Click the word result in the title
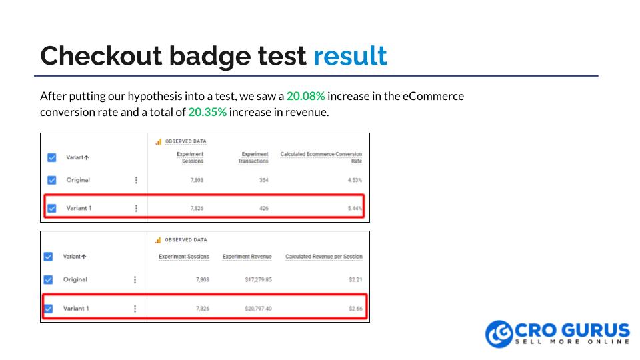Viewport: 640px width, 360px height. click(350, 56)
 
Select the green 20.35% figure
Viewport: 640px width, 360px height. click(207, 112)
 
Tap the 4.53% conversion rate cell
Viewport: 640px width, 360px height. click(354, 180)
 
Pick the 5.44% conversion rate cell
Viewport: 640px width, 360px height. click(354, 208)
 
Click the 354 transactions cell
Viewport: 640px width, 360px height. click(263, 180)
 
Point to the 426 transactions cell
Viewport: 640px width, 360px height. click(263, 208)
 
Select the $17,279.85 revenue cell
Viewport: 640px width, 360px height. click(258, 279)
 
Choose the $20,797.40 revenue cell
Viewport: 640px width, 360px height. click(258, 309)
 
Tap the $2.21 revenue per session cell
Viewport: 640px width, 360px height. click(355, 279)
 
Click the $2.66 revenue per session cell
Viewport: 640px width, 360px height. click(355, 309)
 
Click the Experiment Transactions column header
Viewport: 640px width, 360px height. click(253, 157)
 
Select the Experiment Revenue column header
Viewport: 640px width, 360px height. click(247, 257)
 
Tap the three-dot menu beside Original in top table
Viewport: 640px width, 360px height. click(136, 180)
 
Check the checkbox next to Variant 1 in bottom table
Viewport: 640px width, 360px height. click(48, 309)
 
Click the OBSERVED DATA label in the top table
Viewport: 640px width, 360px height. click(185, 141)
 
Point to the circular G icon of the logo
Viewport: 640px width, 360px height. click(499, 334)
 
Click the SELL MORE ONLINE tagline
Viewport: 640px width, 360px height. click(572, 341)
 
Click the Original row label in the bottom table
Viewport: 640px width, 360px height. click(75, 279)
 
